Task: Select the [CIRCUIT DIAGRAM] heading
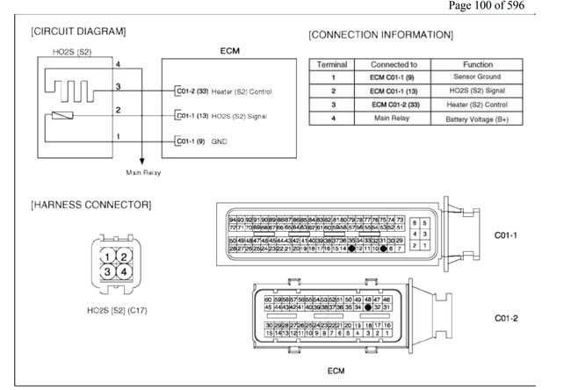pos(77,32)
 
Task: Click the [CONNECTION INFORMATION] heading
pos(380,35)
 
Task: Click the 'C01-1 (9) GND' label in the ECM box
pos(201,141)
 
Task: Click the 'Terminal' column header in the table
pos(332,65)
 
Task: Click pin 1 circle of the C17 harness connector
pos(105,256)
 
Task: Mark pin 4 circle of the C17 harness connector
pos(124,271)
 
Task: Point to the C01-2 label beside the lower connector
pos(507,317)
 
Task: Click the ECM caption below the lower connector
pos(336,371)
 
